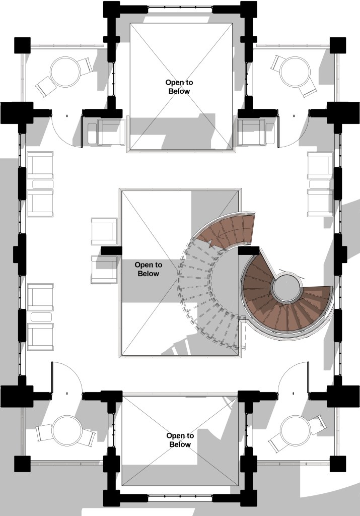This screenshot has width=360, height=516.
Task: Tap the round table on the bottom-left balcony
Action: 67,431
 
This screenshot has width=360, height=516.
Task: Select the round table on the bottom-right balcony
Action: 295,431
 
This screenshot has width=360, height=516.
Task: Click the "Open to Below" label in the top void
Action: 179,87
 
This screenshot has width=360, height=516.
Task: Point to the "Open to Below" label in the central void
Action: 148,269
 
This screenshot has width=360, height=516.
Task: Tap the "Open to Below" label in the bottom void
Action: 180,440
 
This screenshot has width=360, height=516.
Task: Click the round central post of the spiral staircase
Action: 287,287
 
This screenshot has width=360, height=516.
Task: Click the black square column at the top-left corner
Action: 22,45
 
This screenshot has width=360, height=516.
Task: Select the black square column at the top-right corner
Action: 338,45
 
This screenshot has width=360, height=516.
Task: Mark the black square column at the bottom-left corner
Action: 22,464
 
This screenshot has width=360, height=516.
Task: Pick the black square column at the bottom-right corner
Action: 338,464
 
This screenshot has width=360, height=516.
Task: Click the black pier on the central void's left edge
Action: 111,250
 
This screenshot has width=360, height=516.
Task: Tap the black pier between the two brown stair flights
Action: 249,250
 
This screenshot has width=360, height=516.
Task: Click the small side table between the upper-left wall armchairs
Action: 43,184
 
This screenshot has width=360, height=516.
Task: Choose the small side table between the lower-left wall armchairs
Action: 41,317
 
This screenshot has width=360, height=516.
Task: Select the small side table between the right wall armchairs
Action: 320,184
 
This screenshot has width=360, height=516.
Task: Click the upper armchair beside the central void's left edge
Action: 104,231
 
